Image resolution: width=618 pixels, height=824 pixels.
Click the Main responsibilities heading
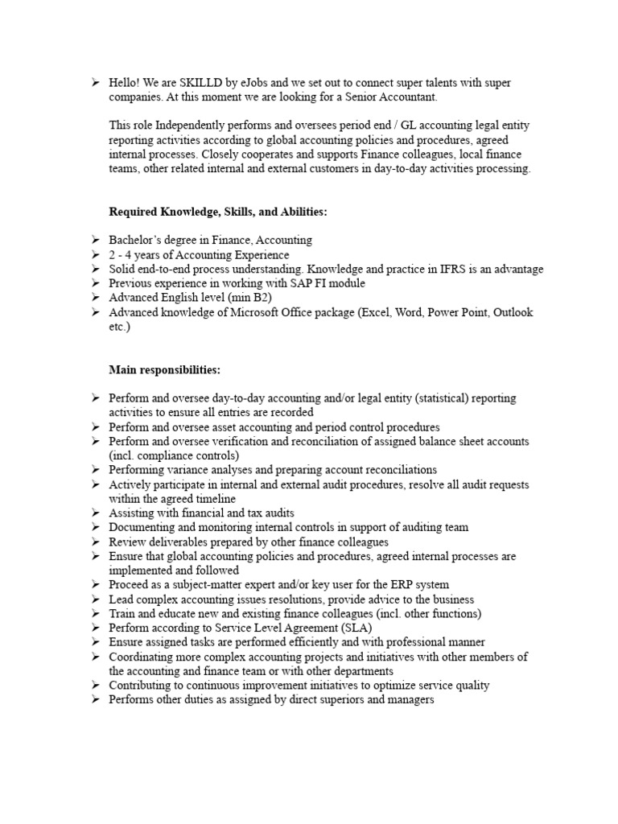coord(164,369)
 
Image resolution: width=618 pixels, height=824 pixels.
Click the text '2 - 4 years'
coord(135,255)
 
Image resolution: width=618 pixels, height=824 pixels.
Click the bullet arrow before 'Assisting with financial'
coord(94,513)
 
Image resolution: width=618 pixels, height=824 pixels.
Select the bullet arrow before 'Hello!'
coord(94,83)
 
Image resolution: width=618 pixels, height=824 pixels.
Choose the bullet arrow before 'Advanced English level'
coord(94,298)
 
